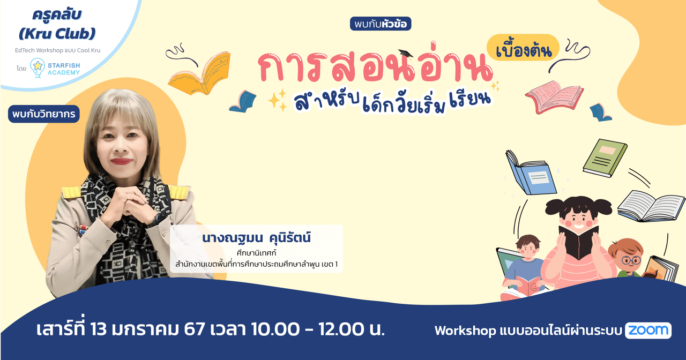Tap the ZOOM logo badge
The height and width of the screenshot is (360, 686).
648,331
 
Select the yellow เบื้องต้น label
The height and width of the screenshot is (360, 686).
523,48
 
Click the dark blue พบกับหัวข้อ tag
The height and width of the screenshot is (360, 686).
381,24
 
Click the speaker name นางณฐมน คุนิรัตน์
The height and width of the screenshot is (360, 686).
256,237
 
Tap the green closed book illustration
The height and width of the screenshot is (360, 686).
605,157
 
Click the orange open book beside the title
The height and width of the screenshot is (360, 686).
199,73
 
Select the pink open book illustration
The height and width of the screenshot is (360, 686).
555,96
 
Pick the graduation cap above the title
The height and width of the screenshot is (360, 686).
405,54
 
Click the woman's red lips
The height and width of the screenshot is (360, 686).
122,161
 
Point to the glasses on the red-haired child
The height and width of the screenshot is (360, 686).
632,261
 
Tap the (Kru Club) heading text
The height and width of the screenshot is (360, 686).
56,33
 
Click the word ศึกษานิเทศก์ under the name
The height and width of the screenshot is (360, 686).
256,252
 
